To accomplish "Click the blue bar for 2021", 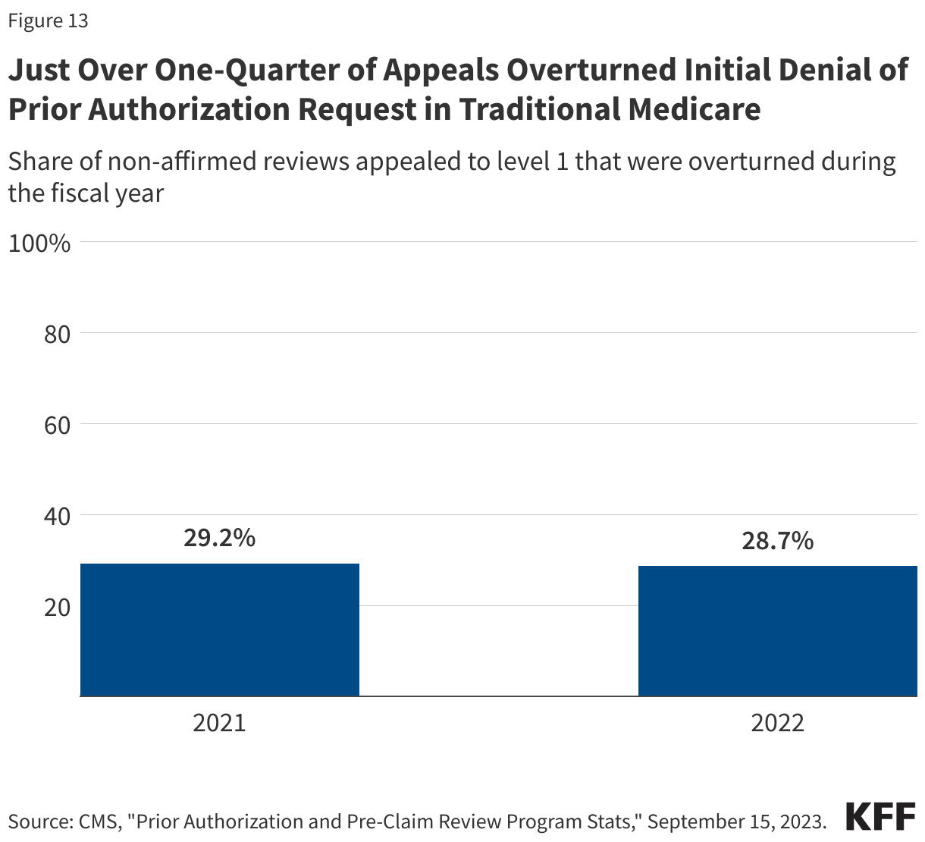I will tap(219, 630).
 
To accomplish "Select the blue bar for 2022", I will tap(777, 631).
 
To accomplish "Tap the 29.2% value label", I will tap(219, 538).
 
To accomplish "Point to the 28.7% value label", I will tap(777, 541).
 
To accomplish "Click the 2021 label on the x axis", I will tap(219, 722).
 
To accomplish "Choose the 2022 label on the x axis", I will tap(777, 722).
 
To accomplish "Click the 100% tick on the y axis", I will tap(39, 243).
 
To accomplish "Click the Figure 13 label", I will tap(48, 21).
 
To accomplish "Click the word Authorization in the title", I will tap(188, 109).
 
